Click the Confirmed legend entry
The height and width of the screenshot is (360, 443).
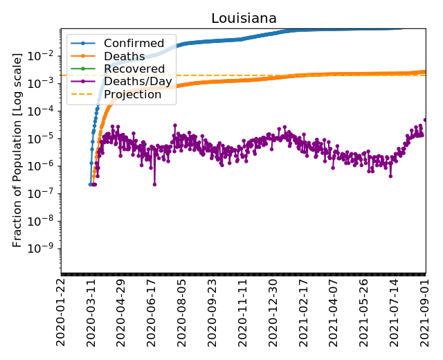(x=134, y=44)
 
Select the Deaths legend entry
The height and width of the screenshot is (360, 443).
(x=124, y=56)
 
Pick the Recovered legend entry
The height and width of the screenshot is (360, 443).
(x=134, y=69)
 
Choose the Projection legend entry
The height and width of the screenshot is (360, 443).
(x=132, y=94)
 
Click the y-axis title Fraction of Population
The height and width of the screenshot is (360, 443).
(x=18, y=150)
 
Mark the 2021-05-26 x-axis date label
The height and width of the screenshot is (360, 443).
(x=365, y=312)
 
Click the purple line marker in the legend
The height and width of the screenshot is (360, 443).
(x=82, y=82)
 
